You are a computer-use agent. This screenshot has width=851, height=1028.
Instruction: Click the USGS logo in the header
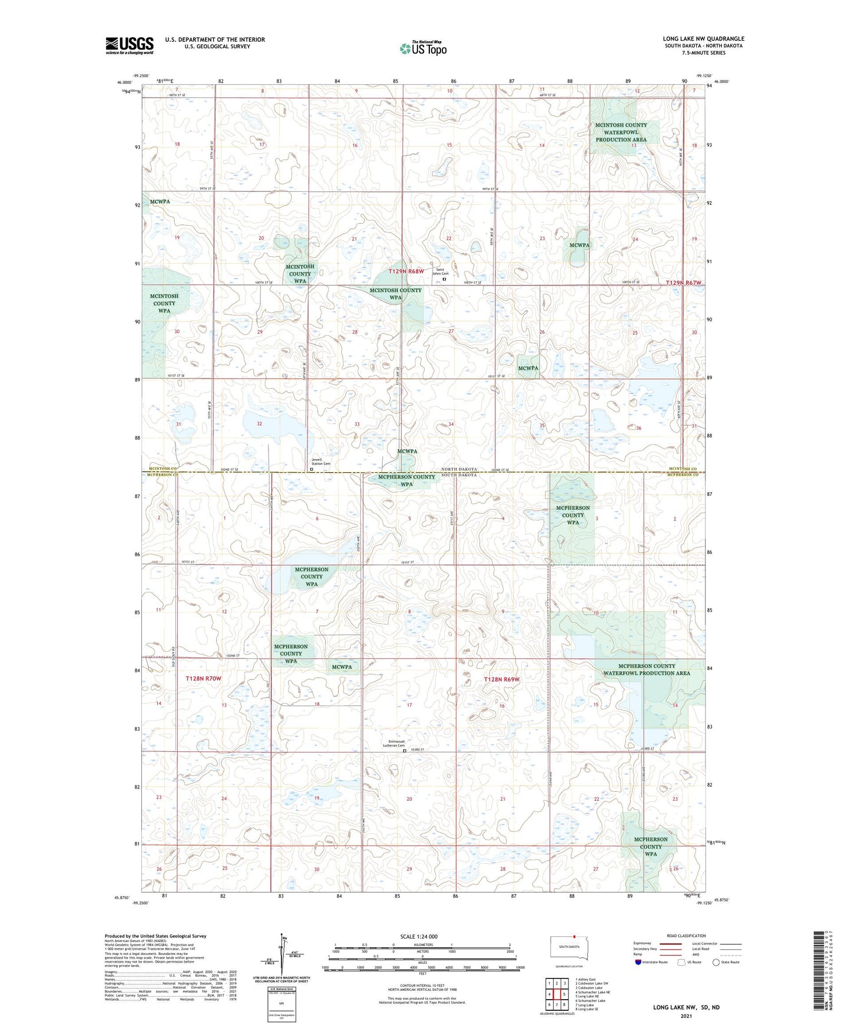click(x=130, y=45)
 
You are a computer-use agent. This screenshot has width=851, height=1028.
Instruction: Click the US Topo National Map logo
click(x=423, y=48)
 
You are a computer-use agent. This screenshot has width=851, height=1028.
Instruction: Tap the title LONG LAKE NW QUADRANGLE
click(x=703, y=39)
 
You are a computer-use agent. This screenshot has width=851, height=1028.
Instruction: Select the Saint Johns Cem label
click(x=440, y=273)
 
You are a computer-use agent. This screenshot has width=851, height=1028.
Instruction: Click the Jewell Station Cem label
click(x=321, y=462)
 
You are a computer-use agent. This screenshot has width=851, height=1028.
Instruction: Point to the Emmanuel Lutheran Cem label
click(x=393, y=744)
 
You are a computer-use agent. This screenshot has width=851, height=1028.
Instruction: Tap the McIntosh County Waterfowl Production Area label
click(x=621, y=132)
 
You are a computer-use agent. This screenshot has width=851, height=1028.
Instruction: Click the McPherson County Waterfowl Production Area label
click(x=646, y=669)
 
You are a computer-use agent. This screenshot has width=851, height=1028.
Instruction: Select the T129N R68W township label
click(x=406, y=271)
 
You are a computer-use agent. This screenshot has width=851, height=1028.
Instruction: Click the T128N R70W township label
click(x=203, y=679)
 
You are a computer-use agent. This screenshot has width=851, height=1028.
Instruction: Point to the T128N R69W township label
click(x=502, y=679)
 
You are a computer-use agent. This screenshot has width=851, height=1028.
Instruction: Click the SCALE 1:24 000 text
click(x=418, y=936)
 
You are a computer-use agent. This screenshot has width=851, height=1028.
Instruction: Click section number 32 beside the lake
click(x=259, y=423)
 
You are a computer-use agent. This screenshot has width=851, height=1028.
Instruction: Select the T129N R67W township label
click(x=683, y=283)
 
